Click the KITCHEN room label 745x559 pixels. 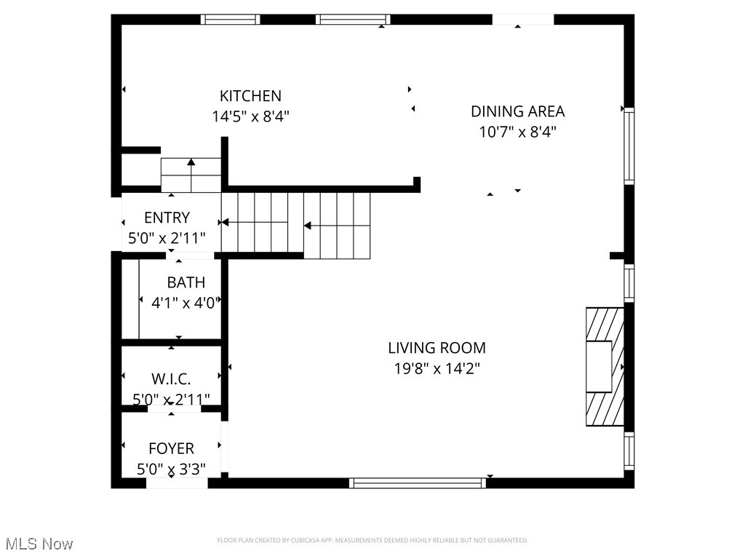click(x=250, y=96)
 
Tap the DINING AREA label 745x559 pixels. click(x=517, y=111)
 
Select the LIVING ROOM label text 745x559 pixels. click(x=437, y=348)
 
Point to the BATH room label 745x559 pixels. click(x=186, y=282)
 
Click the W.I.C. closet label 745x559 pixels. click(x=171, y=379)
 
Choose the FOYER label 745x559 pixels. click(x=171, y=448)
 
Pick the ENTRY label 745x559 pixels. click(x=167, y=218)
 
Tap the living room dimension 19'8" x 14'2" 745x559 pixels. click(x=437, y=368)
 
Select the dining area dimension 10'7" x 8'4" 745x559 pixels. click(x=517, y=132)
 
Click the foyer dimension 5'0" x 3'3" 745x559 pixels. click(x=171, y=469)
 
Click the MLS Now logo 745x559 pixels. click(x=39, y=544)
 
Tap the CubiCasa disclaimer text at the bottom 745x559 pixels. click(x=372, y=540)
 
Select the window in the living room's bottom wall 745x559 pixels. click(x=418, y=483)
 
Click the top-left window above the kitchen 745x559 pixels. click(x=230, y=20)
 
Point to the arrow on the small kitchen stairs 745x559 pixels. click(x=191, y=165)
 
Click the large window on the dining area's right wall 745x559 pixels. click(x=629, y=146)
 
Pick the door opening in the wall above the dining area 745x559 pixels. click(x=522, y=20)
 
